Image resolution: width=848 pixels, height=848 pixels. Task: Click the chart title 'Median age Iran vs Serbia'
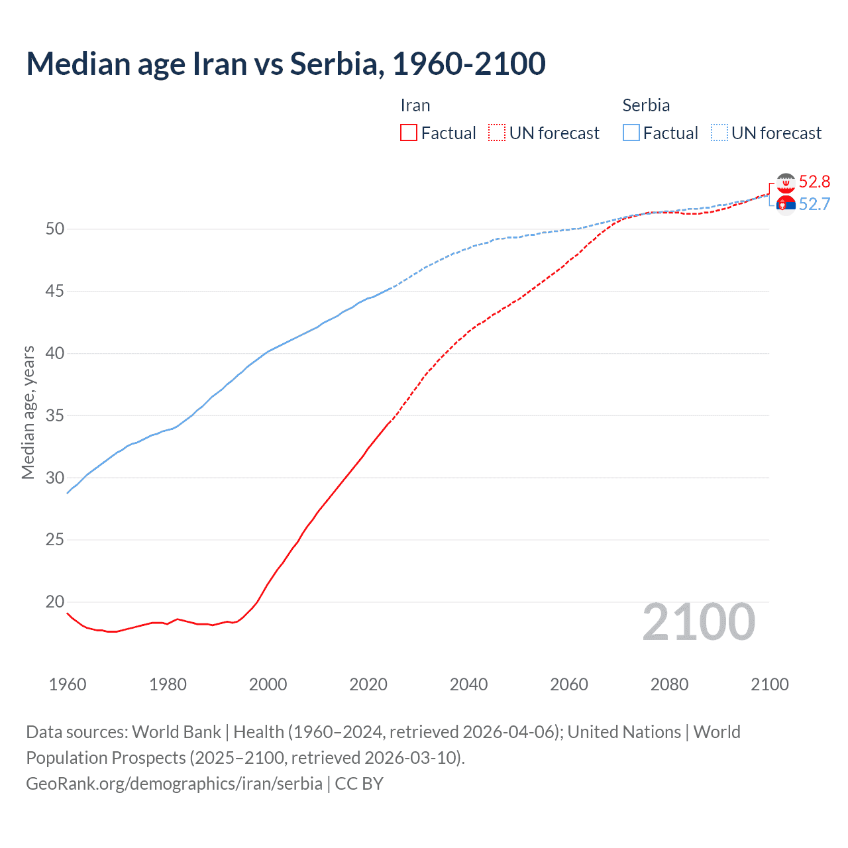point(286,64)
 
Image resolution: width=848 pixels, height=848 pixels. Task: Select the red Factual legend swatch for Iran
point(409,133)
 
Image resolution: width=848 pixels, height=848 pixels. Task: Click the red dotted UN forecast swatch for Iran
point(497,133)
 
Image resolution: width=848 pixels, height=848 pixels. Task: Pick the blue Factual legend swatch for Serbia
point(631,133)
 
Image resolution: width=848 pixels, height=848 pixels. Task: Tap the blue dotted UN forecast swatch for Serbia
point(719,133)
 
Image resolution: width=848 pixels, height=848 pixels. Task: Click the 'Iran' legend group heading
point(415,105)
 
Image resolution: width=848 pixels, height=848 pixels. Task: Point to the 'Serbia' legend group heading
point(646,105)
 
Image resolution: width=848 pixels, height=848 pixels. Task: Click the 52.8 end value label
point(814,182)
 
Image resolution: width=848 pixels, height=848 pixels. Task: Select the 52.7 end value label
point(814,204)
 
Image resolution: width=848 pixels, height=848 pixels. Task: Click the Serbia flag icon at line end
point(786,205)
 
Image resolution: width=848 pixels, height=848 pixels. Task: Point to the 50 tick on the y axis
point(55,229)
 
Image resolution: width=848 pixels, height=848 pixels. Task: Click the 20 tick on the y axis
point(55,602)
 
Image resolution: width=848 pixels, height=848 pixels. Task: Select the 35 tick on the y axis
point(55,415)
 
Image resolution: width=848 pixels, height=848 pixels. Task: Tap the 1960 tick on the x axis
point(68,684)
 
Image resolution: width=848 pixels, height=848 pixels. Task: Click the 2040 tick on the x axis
point(468,684)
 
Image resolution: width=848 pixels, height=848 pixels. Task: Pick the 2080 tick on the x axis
point(669,684)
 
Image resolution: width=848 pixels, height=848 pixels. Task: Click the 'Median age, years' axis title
point(28,412)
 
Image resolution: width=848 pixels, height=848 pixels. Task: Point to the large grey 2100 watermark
point(698,622)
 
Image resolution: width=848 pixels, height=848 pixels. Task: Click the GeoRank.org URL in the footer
point(174,784)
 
